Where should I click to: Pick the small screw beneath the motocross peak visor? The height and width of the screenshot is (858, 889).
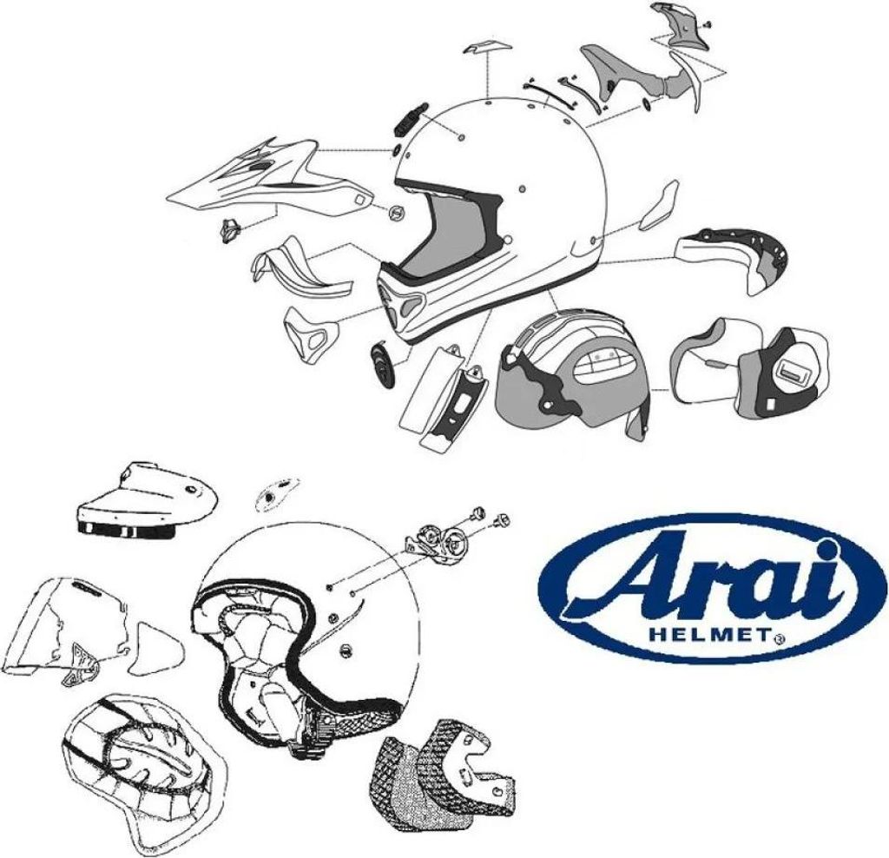pos(230,230)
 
